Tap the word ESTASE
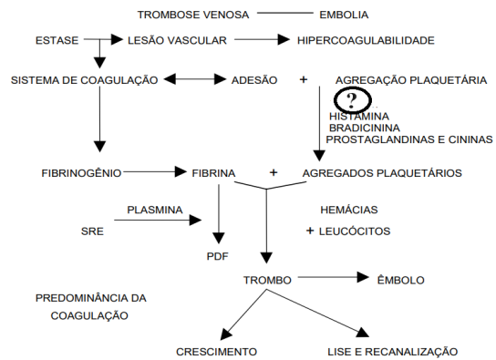[57, 41]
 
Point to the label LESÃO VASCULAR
[177, 41]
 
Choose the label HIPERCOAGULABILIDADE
[366, 41]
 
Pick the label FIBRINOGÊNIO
[81, 171]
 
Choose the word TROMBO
[267, 279]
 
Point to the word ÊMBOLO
[400, 279]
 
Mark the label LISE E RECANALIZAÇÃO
[392, 351]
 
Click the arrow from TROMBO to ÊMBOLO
[332, 276]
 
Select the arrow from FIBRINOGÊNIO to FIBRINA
[154, 170]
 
